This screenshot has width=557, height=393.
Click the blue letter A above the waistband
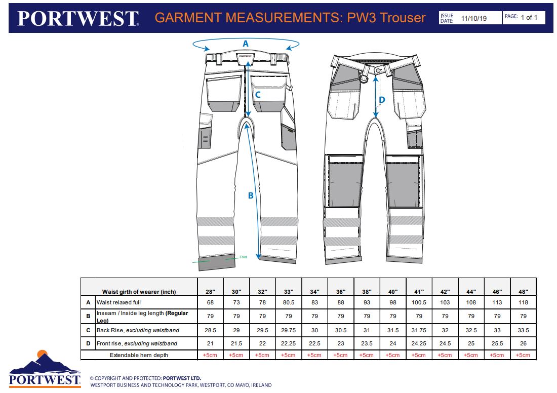click(246, 44)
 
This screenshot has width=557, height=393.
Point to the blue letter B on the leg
click(251, 195)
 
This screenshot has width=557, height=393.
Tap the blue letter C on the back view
click(258, 95)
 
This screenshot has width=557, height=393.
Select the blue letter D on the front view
click(382, 100)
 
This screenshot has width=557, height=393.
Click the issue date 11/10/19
click(474, 18)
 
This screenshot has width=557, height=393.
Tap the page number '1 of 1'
click(529, 17)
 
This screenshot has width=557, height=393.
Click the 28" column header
click(210, 292)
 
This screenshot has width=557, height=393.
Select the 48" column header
click(523, 292)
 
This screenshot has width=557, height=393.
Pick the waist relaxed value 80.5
click(289, 302)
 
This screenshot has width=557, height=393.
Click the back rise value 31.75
click(419, 330)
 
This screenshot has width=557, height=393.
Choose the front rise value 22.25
click(289, 343)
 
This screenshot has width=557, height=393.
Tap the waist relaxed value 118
click(523, 302)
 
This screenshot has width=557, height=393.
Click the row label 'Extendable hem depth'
click(139, 355)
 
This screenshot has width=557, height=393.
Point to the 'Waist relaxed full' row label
click(118, 302)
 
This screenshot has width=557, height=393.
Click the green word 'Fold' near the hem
click(243, 257)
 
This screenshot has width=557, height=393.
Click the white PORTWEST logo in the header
click(78, 18)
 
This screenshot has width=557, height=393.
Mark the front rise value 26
click(523, 343)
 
